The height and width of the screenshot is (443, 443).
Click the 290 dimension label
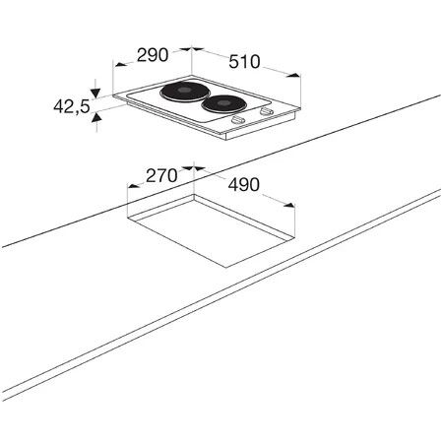[153, 55]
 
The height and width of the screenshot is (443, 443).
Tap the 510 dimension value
[244, 62]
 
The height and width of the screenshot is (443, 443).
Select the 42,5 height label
[72, 106]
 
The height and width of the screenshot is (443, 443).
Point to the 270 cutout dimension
[161, 175]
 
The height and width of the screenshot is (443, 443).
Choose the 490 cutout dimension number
[244, 185]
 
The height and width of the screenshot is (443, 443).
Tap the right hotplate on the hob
[224, 104]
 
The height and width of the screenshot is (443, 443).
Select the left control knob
[238, 120]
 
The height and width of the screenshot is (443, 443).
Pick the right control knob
[266, 111]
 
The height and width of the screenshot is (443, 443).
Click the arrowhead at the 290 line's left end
[120, 64]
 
